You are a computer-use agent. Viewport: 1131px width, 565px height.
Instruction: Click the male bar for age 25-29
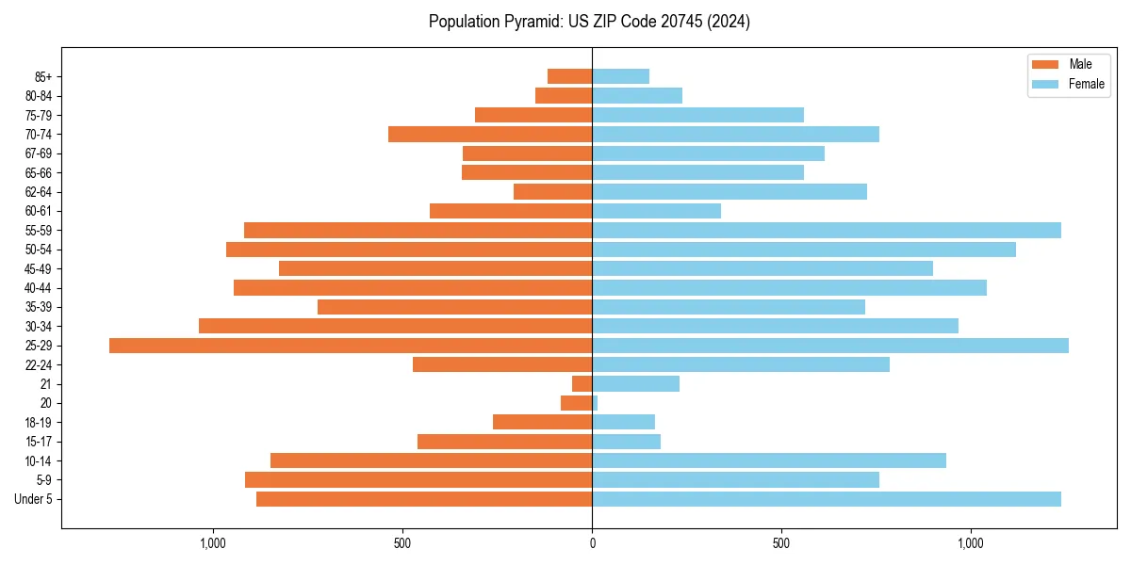[x=351, y=346]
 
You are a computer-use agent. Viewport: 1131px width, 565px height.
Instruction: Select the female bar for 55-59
[x=827, y=231]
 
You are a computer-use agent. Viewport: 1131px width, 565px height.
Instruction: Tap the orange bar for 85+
[x=569, y=76]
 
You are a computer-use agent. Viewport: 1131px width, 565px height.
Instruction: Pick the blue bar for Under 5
[x=827, y=499]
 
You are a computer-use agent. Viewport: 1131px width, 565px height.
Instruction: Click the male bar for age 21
[x=582, y=384]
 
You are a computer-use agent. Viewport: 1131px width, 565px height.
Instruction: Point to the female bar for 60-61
[x=656, y=211]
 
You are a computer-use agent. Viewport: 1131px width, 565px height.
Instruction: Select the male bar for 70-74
[x=490, y=135]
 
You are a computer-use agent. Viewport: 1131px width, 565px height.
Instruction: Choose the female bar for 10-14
[x=769, y=460]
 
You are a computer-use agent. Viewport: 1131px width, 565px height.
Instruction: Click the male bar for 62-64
[x=552, y=192]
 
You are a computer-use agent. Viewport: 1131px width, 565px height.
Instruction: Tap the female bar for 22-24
[x=741, y=364]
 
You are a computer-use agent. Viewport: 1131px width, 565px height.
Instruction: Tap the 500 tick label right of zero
[x=781, y=543]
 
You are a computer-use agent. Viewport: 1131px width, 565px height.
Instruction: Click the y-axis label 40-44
[x=39, y=288]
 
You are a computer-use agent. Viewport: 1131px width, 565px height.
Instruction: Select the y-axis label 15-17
[x=39, y=442]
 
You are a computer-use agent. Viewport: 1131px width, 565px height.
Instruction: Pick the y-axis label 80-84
[x=39, y=96]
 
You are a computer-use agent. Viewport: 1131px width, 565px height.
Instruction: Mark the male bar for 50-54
[x=409, y=250]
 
